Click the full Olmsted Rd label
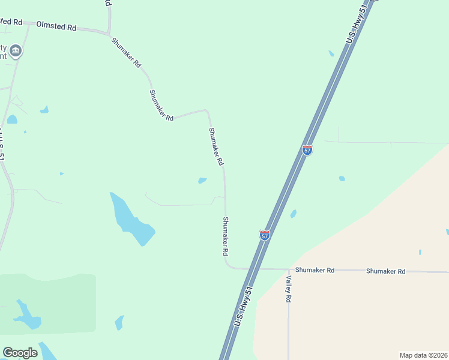click(56, 26)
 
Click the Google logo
click(20, 353)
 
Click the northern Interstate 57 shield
click(307, 149)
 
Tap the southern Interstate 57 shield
click(265, 235)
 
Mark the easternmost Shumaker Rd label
click(386, 271)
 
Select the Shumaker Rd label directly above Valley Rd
click(315, 270)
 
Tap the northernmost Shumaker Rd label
click(127, 52)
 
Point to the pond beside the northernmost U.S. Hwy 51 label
click(331, 53)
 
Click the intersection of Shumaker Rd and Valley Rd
click(289, 269)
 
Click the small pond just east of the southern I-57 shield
click(294, 214)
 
